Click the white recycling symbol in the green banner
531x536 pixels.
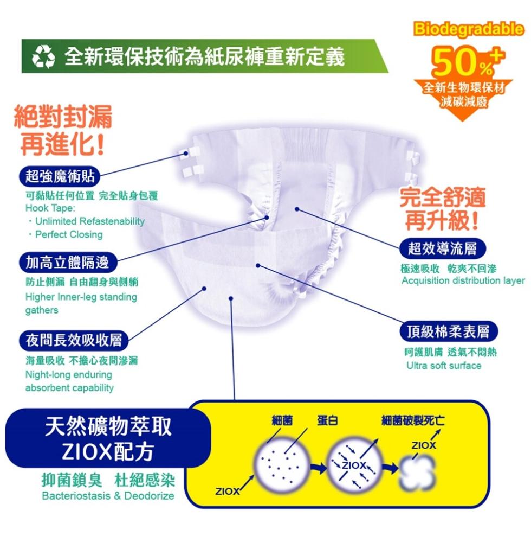click(43, 56)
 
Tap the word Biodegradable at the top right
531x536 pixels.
click(469, 29)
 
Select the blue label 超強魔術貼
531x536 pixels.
click(60, 176)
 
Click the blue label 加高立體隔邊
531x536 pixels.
click(67, 263)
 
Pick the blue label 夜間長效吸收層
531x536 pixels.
click(73, 340)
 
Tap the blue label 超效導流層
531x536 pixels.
click(442, 248)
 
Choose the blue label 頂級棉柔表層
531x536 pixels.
click(448, 331)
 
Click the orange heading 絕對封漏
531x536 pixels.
click(63, 117)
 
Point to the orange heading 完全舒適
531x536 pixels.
click(443, 197)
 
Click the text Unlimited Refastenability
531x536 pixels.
click(90, 221)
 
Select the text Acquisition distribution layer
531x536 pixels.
click(463, 280)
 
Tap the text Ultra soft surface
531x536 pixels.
click(444, 366)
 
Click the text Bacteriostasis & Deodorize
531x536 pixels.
click(108, 496)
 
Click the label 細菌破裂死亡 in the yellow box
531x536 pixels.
click(413, 420)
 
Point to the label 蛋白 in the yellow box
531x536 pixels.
click(327, 420)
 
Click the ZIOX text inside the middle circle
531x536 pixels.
click(354, 465)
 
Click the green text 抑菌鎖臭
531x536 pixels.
click(72, 480)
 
